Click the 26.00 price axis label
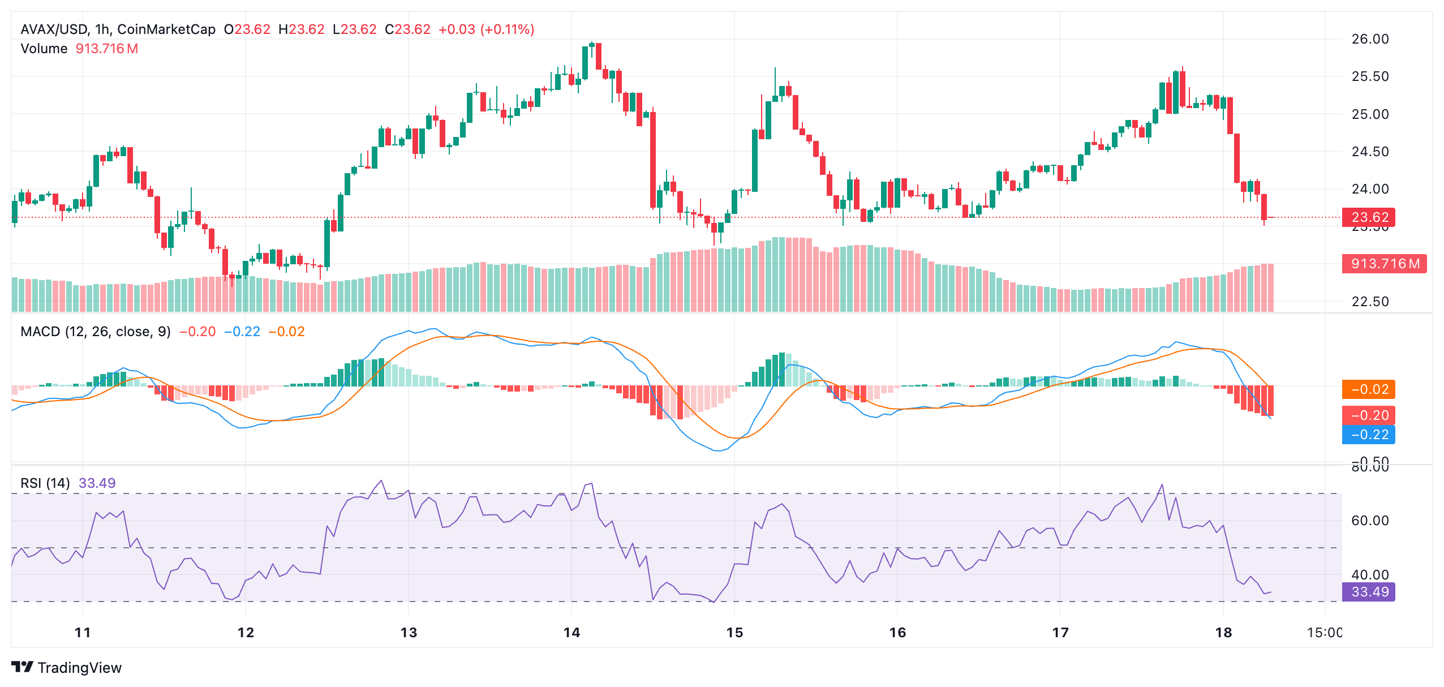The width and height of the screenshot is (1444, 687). [1369, 39]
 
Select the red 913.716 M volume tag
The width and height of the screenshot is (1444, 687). [1384, 264]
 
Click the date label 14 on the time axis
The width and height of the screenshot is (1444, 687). [571, 632]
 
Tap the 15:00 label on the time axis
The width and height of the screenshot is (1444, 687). [1324, 632]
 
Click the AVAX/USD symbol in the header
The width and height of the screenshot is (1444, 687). [53, 29]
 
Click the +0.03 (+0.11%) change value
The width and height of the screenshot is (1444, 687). [486, 29]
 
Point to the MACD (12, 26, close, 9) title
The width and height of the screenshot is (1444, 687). [95, 332]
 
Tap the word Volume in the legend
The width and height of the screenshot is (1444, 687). [44, 49]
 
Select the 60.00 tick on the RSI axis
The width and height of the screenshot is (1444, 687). [1369, 521]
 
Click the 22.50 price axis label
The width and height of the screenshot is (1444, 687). [1369, 302]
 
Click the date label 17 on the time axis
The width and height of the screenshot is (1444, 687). [1060, 632]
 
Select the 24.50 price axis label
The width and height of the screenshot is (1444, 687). [1369, 152]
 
